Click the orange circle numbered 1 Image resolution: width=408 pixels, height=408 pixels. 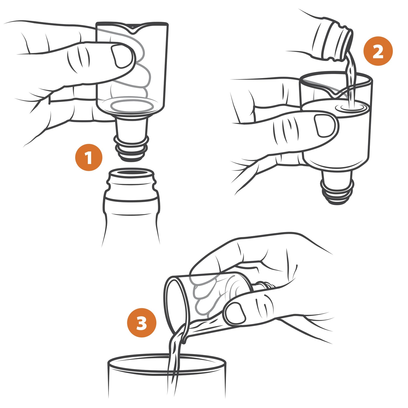tap(89, 157)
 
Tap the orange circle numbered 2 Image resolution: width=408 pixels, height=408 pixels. tap(378, 51)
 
